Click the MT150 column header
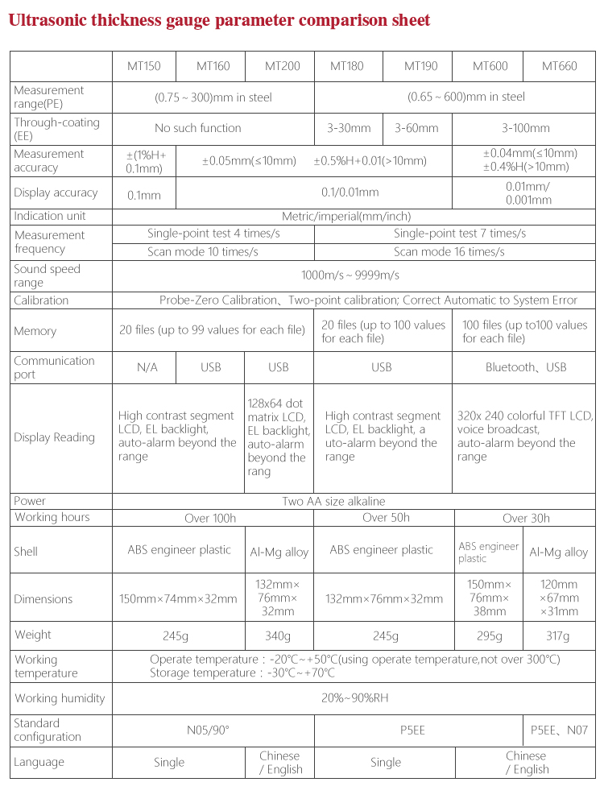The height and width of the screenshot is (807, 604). pos(144,66)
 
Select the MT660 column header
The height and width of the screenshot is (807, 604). pos(559,66)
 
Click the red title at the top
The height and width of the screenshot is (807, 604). pos(219,20)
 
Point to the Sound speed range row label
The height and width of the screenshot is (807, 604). pos(47,276)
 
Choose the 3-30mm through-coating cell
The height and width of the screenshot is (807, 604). pos(349,128)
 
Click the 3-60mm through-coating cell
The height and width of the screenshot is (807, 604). pos(416,128)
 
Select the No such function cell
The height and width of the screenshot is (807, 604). pos(198,128)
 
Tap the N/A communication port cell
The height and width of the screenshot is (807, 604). pos(147,367)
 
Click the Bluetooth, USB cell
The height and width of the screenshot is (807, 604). pos(526,367)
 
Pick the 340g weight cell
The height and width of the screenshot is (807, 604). pos(278,636)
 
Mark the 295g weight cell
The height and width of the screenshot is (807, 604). pos(488,636)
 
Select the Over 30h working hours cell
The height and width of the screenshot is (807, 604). pos(526,518)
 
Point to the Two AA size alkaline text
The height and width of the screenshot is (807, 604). pos(333,501)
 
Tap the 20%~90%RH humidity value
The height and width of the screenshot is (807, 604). pos(354,698)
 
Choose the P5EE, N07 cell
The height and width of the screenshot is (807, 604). pos(559,730)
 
